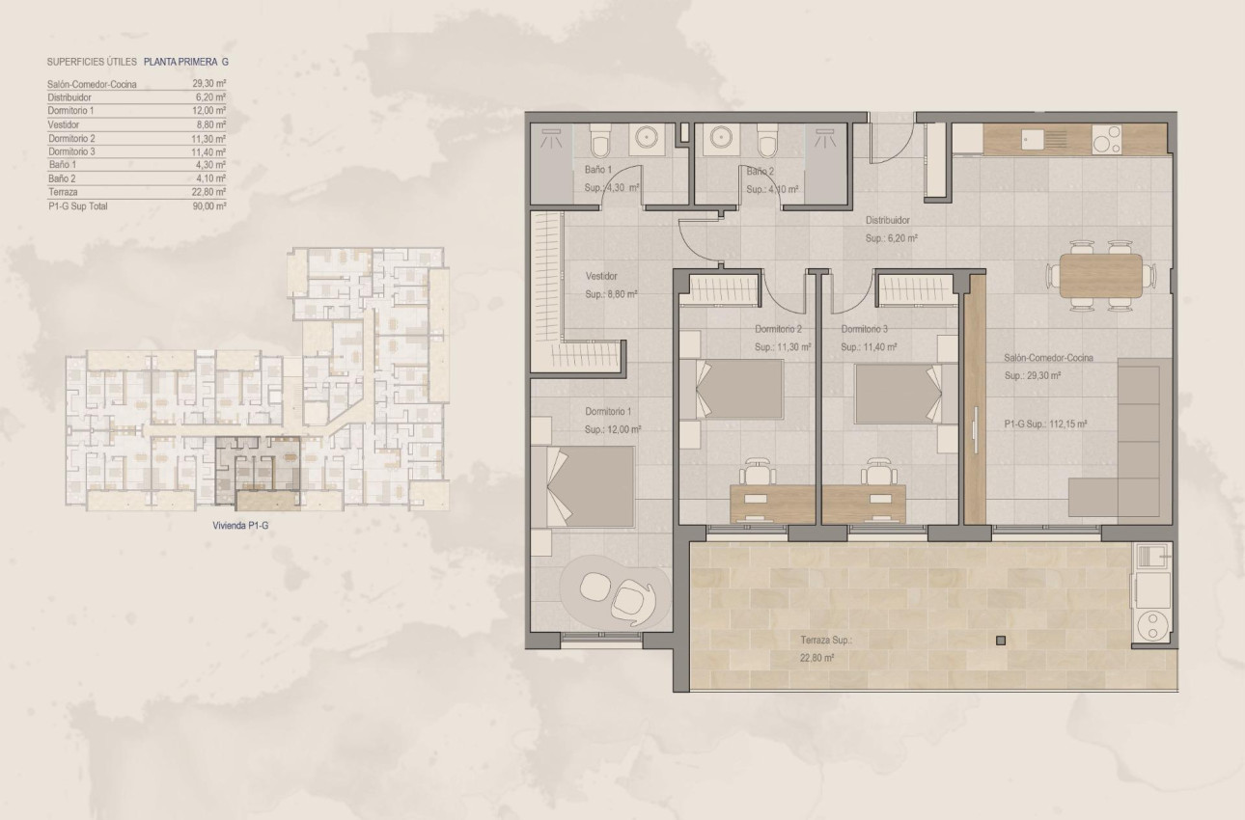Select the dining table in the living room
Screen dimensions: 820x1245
click(x=1100, y=275)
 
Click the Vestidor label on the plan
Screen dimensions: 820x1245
click(x=601, y=276)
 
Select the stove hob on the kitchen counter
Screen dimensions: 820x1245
click(x=1105, y=141)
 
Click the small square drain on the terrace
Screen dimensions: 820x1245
click(x=1001, y=641)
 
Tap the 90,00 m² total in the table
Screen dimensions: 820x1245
click(x=209, y=205)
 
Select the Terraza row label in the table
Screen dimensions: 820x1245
click(x=63, y=192)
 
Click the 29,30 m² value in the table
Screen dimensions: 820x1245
click(x=209, y=84)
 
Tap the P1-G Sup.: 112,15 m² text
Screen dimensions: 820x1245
click(x=1046, y=424)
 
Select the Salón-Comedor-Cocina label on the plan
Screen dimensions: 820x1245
click(x=1048, y=358)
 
